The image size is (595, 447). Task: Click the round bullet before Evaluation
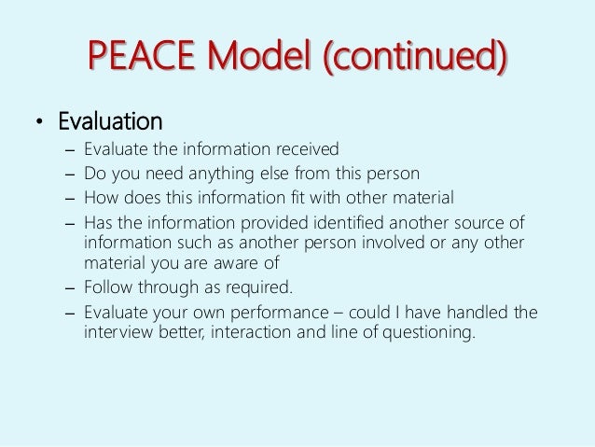pyautogui.click(x=40, y=124)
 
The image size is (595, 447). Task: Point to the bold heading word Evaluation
pyautogui.click(x=110, y=123)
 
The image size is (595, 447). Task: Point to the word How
pyautogui.click(x=101, y=197)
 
